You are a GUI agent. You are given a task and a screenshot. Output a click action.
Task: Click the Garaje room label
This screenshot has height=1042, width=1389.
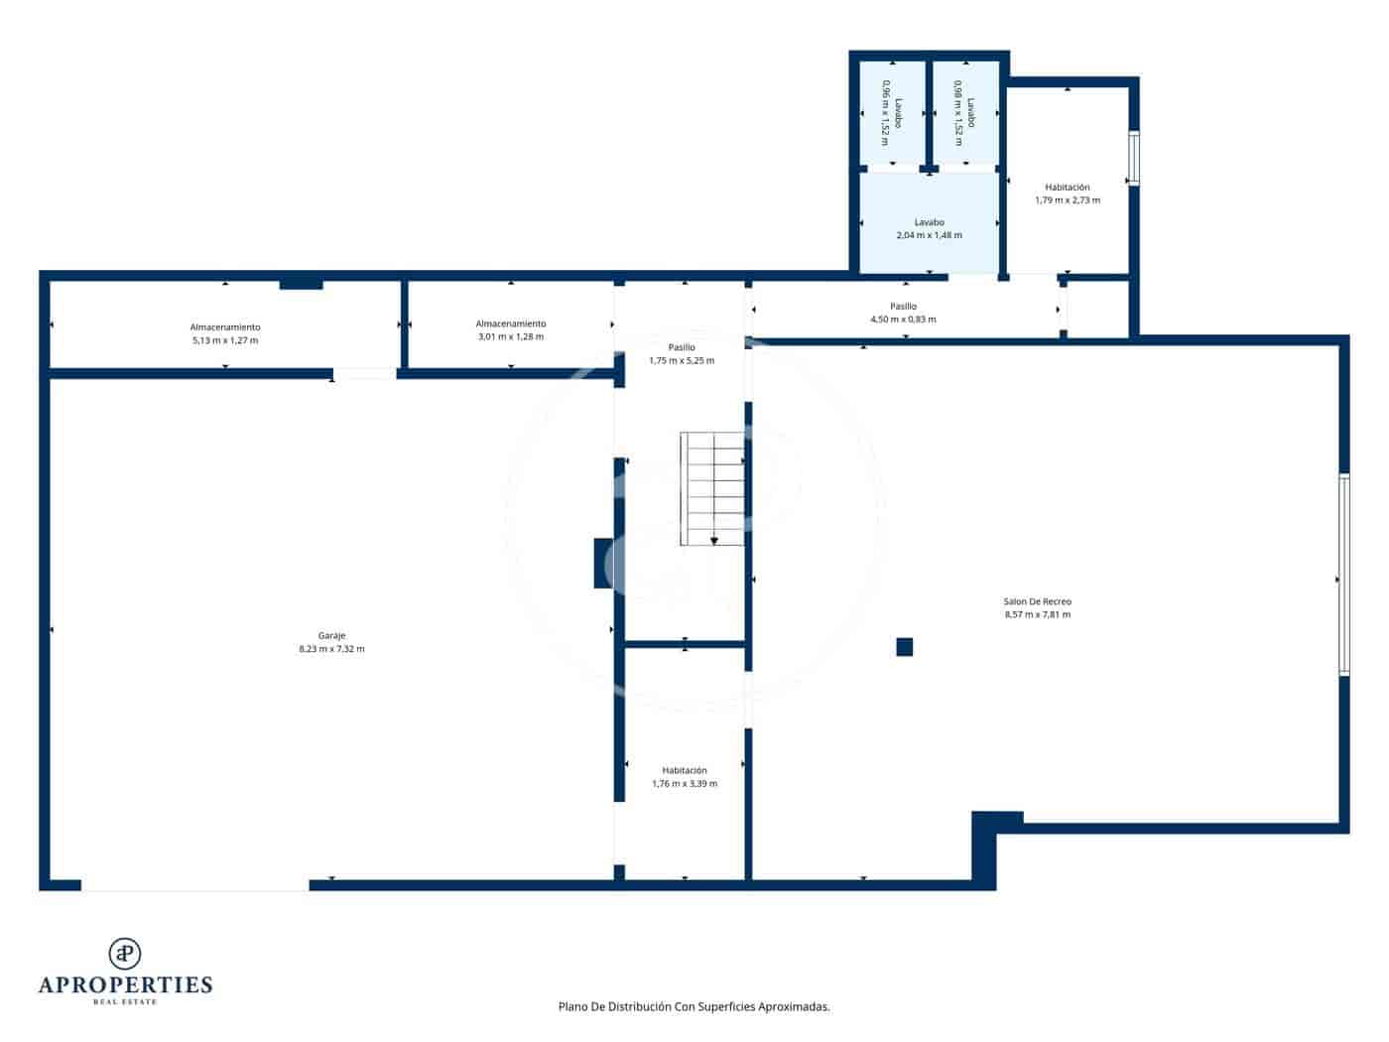331,635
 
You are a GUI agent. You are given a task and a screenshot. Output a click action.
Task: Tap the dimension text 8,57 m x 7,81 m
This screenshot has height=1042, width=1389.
1037,614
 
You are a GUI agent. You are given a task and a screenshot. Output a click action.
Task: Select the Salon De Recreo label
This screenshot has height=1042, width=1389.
1037,601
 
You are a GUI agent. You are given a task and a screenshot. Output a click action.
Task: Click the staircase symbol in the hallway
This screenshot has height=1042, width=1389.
711,487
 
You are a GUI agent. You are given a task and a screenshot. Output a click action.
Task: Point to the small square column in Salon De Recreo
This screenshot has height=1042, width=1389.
904,647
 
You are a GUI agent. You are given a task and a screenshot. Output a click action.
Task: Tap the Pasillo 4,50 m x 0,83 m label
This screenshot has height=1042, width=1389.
903,313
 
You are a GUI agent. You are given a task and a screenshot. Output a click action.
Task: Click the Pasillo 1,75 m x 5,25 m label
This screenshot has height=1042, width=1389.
682,353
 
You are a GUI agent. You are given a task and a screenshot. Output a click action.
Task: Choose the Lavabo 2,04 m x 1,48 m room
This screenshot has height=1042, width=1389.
929,228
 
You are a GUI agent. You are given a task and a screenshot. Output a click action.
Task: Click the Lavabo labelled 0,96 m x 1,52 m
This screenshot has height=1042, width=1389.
891,112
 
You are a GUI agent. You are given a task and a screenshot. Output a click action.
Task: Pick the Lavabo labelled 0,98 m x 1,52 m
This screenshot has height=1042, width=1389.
963,112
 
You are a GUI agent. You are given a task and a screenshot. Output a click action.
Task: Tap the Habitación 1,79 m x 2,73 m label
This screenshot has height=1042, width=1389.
1067,194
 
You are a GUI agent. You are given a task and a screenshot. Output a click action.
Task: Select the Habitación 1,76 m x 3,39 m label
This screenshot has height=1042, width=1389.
685,776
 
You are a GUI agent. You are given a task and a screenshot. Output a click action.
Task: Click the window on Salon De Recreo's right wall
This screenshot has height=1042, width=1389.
1343,576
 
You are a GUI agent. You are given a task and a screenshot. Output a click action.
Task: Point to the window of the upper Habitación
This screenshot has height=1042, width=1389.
1134,159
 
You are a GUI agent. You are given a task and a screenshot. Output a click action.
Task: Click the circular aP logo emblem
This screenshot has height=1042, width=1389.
125,954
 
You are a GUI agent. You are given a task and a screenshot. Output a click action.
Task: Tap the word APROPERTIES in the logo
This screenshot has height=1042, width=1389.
125,985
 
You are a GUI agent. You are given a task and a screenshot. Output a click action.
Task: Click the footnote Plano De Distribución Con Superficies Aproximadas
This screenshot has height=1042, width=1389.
694,1006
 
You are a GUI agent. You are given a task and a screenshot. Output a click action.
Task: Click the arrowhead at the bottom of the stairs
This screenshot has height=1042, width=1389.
714,541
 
